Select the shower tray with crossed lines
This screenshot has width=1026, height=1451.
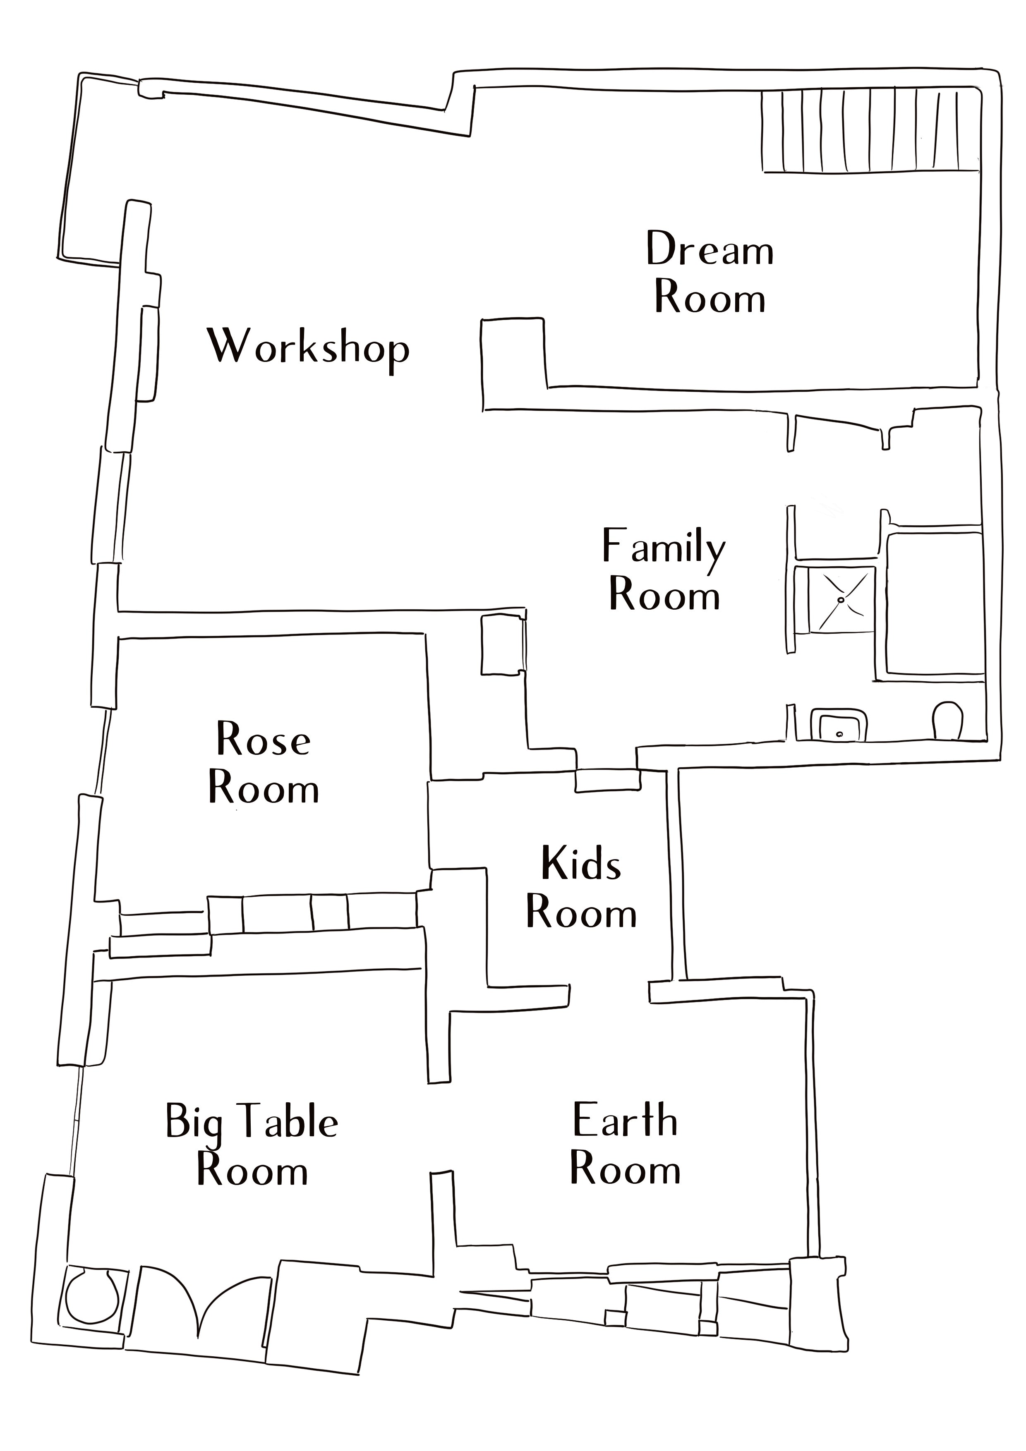click(x=841, y=599)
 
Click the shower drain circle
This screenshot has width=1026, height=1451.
click(x=841, y=599)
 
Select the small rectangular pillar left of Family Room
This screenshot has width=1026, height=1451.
click(x=503, y=644)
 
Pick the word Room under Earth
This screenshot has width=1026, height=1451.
click(x=625, y=1169)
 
